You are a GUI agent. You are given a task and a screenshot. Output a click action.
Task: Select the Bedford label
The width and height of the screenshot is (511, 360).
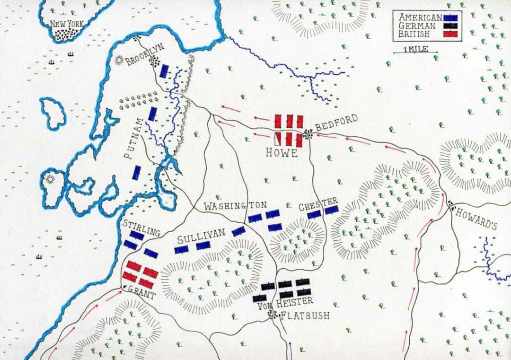click(336, 124)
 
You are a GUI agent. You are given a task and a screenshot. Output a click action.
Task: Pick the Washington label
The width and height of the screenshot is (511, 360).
click(235, 206)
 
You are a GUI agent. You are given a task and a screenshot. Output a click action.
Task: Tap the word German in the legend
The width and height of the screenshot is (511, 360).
click(415, 25)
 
